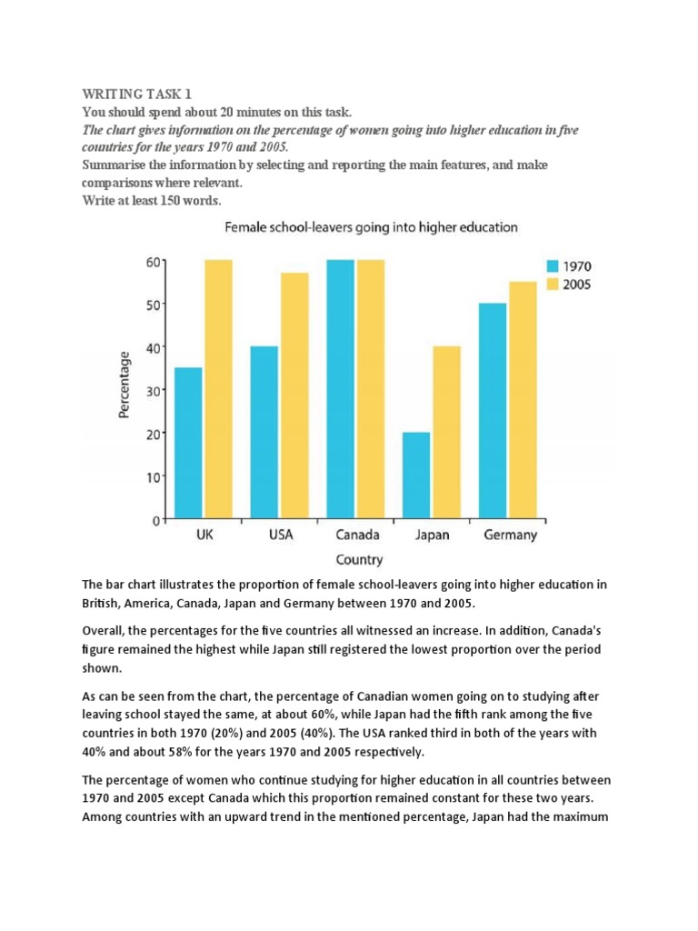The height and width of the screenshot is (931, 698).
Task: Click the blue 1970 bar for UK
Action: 189,443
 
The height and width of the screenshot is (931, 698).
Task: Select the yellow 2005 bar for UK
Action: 219,389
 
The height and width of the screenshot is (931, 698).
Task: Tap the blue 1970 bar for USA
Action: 264,432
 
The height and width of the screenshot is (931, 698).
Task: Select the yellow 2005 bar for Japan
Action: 446,432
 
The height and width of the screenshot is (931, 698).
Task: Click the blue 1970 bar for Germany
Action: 494,411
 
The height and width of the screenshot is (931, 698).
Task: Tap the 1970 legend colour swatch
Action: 553,266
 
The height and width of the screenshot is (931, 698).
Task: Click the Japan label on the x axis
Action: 432,535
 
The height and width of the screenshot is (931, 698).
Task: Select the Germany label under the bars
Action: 510,535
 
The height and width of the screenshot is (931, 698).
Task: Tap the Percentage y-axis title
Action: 124,386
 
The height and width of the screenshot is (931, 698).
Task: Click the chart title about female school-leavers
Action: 371,227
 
